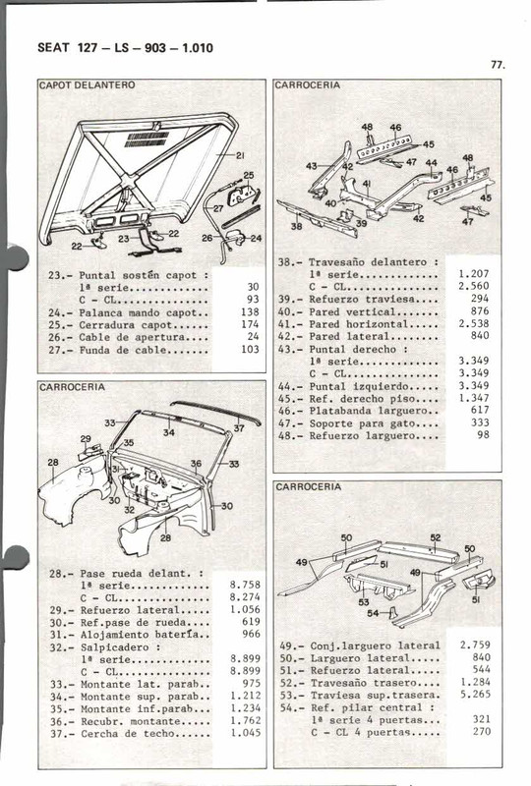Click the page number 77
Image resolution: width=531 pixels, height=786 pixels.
(x=497, y=65)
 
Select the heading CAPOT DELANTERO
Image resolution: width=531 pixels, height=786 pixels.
(x=87, y=85)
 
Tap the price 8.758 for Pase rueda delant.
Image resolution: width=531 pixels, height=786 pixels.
(x=244, y=584)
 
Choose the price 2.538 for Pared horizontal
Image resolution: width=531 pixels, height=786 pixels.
(x=474, y=323)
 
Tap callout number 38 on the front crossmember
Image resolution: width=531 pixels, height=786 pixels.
(x=296, y=225)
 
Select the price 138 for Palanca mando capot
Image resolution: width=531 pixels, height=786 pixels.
(x=248, y=310)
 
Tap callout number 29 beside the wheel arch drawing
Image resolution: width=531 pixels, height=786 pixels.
(x=86, y=440)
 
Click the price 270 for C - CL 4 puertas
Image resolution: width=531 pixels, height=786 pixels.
(x=479, y=732)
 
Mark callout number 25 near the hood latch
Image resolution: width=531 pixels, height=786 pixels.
(x=248, y=176)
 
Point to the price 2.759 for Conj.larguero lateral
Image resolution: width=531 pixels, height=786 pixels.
(x=474, y=646)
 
